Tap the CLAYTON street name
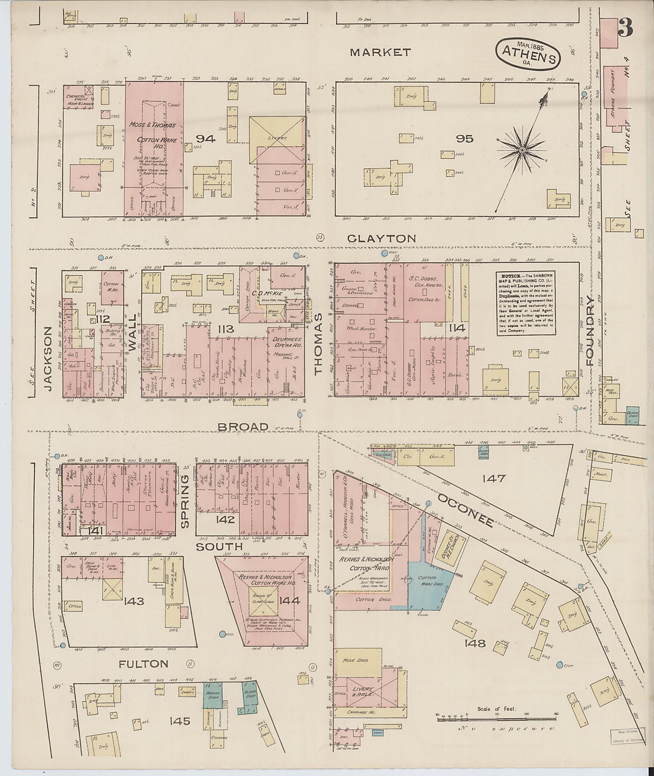[382, 239]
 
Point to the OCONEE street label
[466, 510]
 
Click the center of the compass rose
[522, 150]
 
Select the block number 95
[465, 139]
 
